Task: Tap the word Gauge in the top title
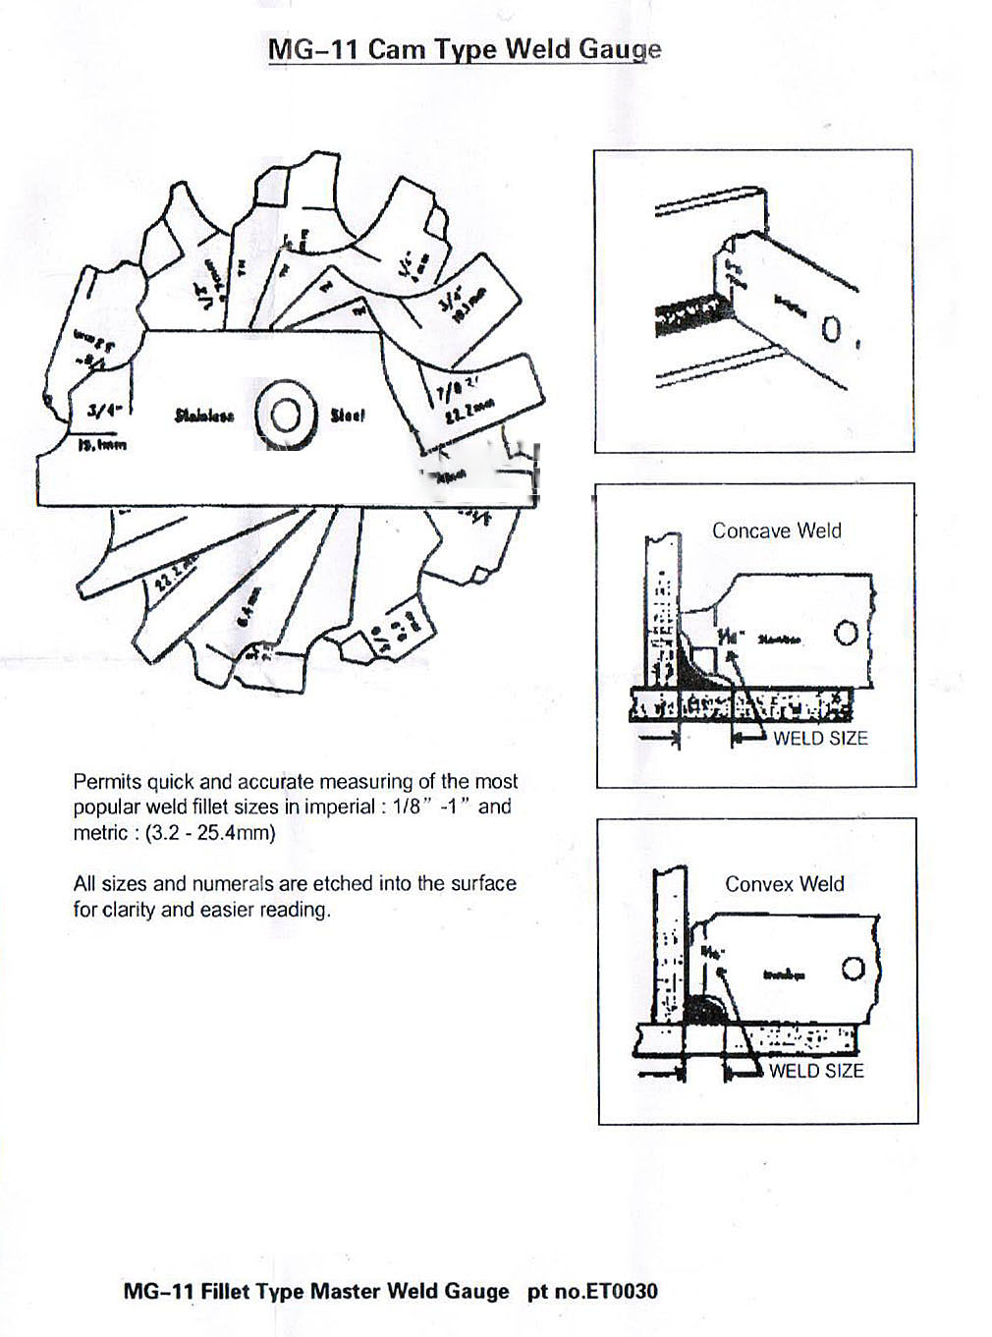point(619,49)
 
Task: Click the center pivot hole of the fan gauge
point(286,417)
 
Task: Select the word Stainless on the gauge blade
point(204,416)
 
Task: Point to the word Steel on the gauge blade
point(348,416)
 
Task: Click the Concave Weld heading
point(776,530)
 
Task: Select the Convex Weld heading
point(784,883)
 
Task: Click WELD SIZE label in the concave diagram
point(820,738)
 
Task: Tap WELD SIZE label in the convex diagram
point(815,1070)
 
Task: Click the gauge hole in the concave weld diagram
point(846,635)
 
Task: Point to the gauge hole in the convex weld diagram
point(853,969)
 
